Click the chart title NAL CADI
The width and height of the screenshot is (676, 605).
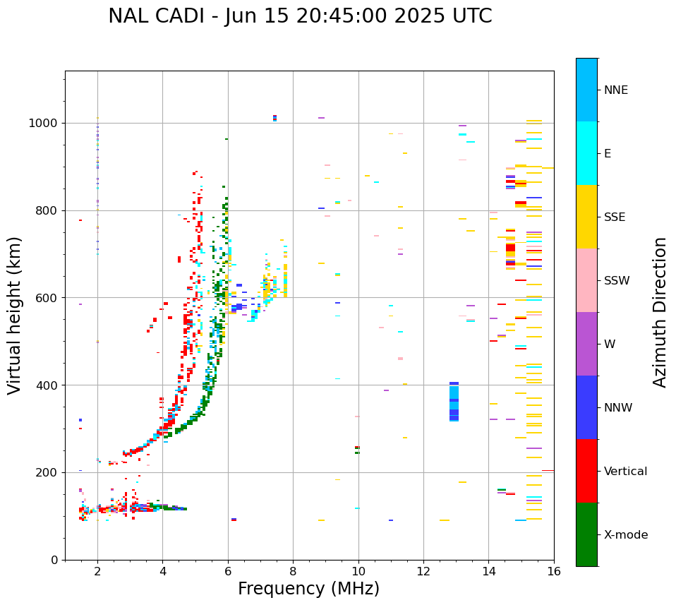(300, 16)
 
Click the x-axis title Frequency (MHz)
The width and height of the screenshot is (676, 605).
(308, 589)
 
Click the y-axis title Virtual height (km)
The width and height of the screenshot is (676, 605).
(16, 315)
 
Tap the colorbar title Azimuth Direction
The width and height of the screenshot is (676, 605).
(660, 312)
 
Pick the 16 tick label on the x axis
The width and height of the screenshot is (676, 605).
(554, 571)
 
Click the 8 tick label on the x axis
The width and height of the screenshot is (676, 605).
(293, 571)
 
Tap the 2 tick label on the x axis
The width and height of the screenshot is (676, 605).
(97, 571)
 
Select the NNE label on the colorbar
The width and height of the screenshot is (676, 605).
(616, 90)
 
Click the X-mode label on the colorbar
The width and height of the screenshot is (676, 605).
(626, 535)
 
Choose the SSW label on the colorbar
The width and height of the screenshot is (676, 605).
(617, 281)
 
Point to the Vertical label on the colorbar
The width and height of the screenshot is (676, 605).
(625, 472)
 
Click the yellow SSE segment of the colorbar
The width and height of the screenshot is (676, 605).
(586, 217)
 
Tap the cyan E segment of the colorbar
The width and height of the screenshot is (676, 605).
(586, 153)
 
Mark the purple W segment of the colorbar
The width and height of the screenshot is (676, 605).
(586, 344)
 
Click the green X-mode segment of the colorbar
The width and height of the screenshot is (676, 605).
(586, 534)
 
